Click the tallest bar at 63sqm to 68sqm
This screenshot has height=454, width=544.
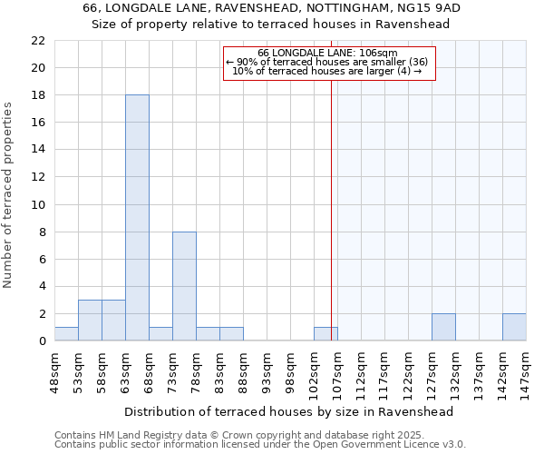point(137,218)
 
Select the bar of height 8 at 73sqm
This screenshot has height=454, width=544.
point(184,286)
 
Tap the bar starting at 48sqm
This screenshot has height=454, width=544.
point(66,334)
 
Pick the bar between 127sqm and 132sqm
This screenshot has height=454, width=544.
point(443,327)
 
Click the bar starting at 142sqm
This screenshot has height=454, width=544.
point(514,327)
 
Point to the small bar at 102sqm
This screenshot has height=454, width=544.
point(325,334)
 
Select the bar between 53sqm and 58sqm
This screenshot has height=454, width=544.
point(90,321)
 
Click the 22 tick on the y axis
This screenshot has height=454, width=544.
point(38,41)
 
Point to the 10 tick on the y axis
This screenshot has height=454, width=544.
point(38,205)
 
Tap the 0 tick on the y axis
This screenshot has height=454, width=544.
point(42,341)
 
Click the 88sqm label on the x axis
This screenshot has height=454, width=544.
point(244,369)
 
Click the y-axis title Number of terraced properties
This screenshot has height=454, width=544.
point(8,194)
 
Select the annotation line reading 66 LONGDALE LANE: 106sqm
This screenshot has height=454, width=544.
point(327,53)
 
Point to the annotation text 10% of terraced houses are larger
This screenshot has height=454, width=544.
point(327,71)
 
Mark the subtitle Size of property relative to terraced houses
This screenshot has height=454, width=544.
point(271,25)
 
